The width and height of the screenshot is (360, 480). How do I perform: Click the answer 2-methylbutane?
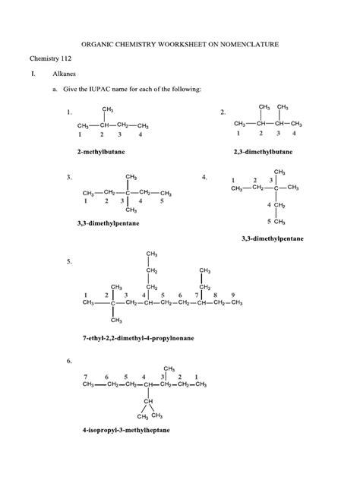101,152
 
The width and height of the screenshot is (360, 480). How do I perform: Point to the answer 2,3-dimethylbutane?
263,152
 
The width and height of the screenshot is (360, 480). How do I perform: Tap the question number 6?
69,359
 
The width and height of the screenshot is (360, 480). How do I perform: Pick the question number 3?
69,177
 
